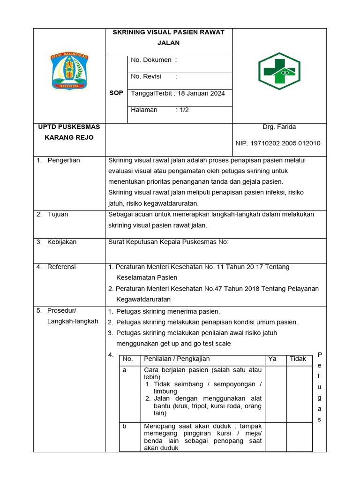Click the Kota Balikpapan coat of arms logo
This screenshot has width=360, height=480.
click(69, 71)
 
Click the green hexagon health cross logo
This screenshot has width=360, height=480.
click(279, 71)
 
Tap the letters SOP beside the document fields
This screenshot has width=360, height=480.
click(116, 93)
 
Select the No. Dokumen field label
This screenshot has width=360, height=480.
click(151, 60)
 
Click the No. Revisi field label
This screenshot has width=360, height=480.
click(146, 76)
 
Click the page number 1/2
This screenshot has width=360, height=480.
click(182, 110)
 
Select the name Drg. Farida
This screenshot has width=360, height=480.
click(279, 127)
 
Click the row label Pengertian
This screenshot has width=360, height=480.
click(64, 160)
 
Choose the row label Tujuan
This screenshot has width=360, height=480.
click(58, 214)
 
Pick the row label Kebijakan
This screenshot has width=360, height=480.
click(62, 242)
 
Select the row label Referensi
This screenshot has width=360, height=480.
click(61, 267)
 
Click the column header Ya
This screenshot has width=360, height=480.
click(272, 359)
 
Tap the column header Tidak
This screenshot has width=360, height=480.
click(298, 359)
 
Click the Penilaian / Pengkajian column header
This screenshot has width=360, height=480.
click(177, 359)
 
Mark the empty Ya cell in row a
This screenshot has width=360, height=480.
click(275, 393)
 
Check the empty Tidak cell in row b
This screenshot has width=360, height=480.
click(299, 436)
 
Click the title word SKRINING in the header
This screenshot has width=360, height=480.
click(130, 32)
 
